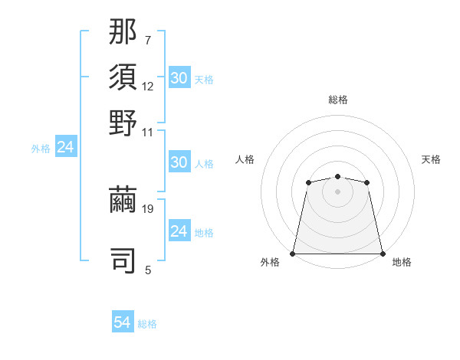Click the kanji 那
(x=123, y=33)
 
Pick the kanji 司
(x=123, y=259)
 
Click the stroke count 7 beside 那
(x=147, y=40)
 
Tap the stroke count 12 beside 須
(x=148, y=87)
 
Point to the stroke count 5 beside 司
(x=147, y=270)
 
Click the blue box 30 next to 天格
(x=179, y=78)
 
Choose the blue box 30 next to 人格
(x=179, y=162)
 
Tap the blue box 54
(x=122, y=323)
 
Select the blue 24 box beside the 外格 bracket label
(x=65, y=148)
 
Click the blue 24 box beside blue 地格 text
(x=179, y=231)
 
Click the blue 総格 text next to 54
(x=147, y=324)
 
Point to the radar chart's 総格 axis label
(x=337, y=100)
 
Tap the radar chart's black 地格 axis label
(x=402, y=262)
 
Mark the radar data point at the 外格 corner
(x=293, y=254)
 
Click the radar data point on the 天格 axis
(x=367, y=182)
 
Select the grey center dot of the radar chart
(x=337, y=191)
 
